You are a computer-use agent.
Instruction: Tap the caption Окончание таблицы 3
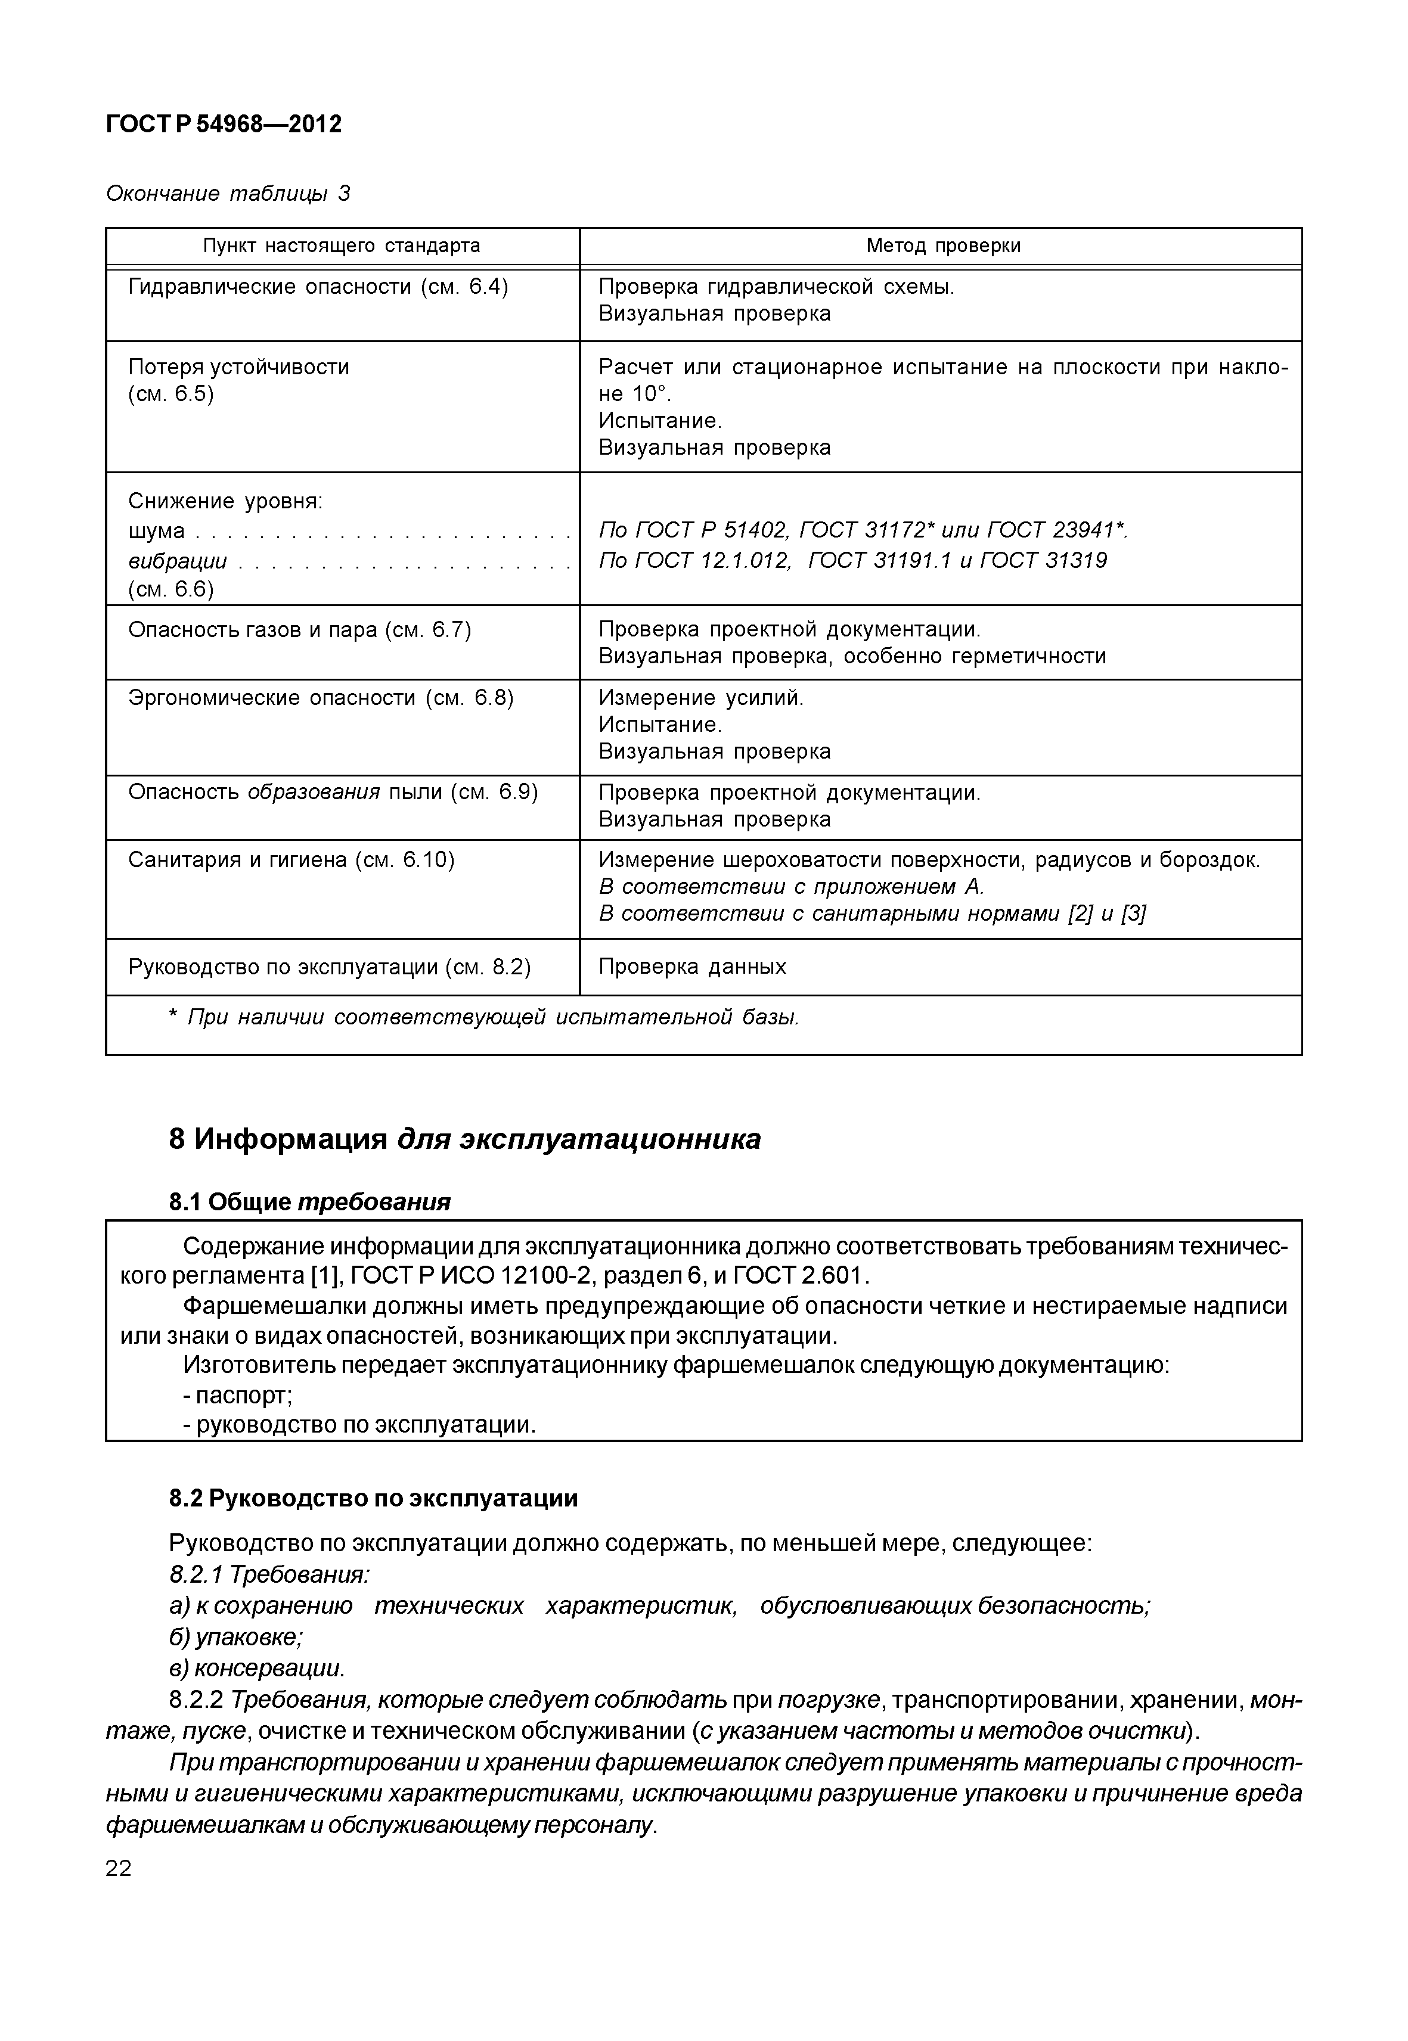point(228,193)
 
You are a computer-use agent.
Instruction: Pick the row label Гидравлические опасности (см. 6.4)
point(318,288)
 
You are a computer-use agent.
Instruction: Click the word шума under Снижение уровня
point(156,531)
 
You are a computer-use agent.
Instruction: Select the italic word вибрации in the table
point(177,561)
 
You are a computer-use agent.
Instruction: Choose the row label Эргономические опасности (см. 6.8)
point(320,698)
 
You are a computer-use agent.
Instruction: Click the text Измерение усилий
point(700,698)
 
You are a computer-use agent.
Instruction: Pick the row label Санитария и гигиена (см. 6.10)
point(291,860)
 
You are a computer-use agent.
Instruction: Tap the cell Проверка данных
point(691,967)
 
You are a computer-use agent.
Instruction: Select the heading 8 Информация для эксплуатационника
point(464,1139)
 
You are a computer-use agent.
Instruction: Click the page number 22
point(118,1868)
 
